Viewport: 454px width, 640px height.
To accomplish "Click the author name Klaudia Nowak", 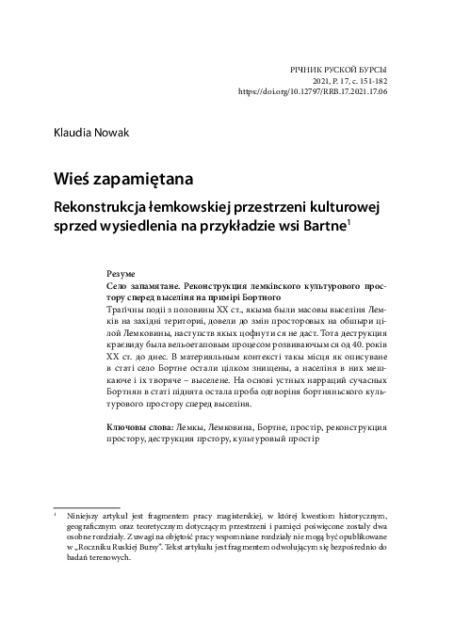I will tap(90, 134).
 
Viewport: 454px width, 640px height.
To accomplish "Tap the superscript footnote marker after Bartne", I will tap(349, 220).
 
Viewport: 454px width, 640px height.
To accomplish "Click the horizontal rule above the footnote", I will tap(86, 506).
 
